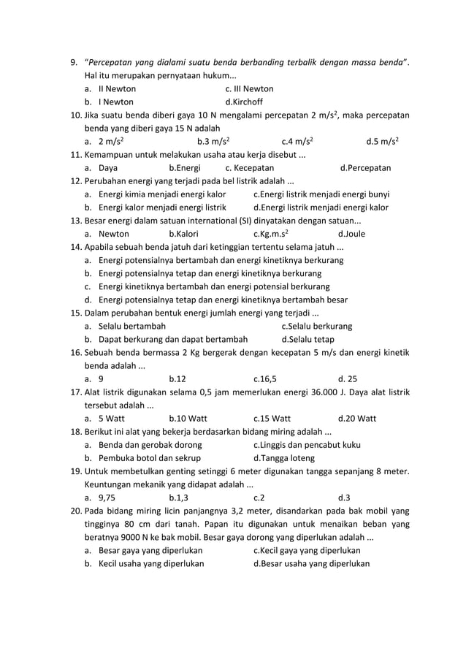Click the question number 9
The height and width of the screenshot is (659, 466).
pos(73,62)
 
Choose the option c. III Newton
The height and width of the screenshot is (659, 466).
pos(249,88)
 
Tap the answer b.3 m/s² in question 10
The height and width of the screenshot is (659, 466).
pos(214,142)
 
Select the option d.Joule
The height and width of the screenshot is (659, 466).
pos(351,235)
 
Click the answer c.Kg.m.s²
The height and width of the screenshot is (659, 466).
pos(270,235)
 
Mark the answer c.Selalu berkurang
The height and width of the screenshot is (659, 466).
pos(316,327)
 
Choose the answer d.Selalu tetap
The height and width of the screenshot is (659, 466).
pos(308,340)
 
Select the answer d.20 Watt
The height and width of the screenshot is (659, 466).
pos(357,419)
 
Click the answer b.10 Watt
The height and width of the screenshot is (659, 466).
pos(188,419)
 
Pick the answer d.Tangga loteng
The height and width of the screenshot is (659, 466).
pos(283,458)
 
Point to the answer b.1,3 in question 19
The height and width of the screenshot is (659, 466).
pos(177,498)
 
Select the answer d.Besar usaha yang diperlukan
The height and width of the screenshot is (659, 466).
pos(311,564)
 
